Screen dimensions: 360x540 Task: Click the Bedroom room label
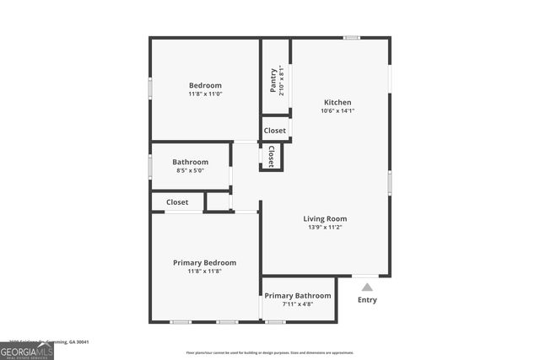pyautogui.click(x=205, y=85)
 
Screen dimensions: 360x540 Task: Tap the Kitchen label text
pyautogui.click(x=337, y=102)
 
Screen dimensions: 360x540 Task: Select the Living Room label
pyautogui.click(x=325, y=219)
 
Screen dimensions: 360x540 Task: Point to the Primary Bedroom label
pyautogui.click(x=204, y=263)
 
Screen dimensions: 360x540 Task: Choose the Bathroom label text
pyautogui.click(x=190, y=162)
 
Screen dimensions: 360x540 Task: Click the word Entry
pyautogui.click(x=367, y=300)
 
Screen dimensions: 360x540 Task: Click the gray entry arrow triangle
pyautogui.click(x=366, y=287)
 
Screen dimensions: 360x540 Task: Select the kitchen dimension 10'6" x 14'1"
pyautogui.click(x=337, y=111)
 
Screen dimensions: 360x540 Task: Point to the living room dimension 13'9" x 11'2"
pyautogui.click(x=325, y=228)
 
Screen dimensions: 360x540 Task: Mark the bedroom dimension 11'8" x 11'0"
pyautogui.click(x=205, y=94)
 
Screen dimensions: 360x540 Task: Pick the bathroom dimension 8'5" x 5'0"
pyautogui.click(x=190, y=170)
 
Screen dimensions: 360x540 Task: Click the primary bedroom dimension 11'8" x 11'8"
pyautogui.click(x=204, y=271)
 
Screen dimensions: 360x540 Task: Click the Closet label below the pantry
pyautogui.click(x=274, y=131)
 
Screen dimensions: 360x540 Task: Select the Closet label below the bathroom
pyautogui.click(x=177, y=202)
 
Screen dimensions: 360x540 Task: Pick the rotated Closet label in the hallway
pyautogui.click(x=272, y=157)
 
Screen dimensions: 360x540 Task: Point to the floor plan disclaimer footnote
pyautogui.click(x=270, y=352)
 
